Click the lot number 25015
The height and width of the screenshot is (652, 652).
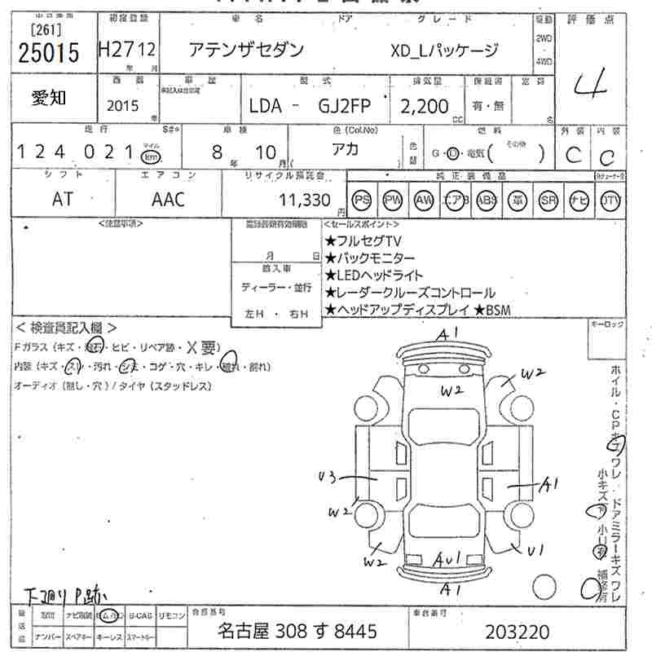pyautogui.click(x=48, y=53)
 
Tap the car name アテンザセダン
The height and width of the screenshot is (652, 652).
pyautogui.click(x=246, y=50)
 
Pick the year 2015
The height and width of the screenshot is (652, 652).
pyautogui.click(x=122, y=105)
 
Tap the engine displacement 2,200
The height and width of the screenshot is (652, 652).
pyautogui.click(x=424, y=106)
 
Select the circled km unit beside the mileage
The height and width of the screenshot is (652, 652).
pyautogui.click(x=151, y=156)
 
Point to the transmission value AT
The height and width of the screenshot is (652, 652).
pyautogui.click(x=63, y=199)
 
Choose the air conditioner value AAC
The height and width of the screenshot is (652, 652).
pyautogui.click(x=168, y=199)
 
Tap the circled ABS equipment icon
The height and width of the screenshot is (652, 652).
pyautogui.click(x=487, y=200)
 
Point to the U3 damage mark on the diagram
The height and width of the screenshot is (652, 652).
pyautogui.click(x=328, y=477)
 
